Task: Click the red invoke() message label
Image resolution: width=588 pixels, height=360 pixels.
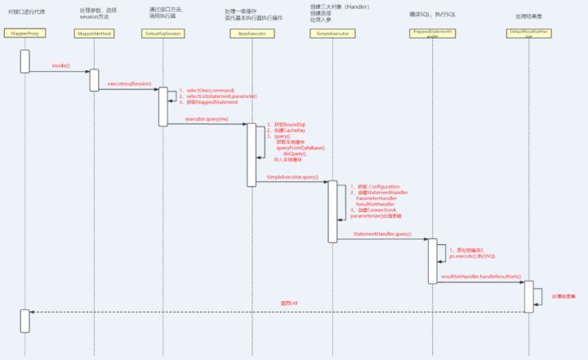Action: pyautogui.click(x=60, y=65)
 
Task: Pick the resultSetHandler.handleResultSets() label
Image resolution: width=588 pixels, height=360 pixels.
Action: pyautogui.click(x=480, y=278)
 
